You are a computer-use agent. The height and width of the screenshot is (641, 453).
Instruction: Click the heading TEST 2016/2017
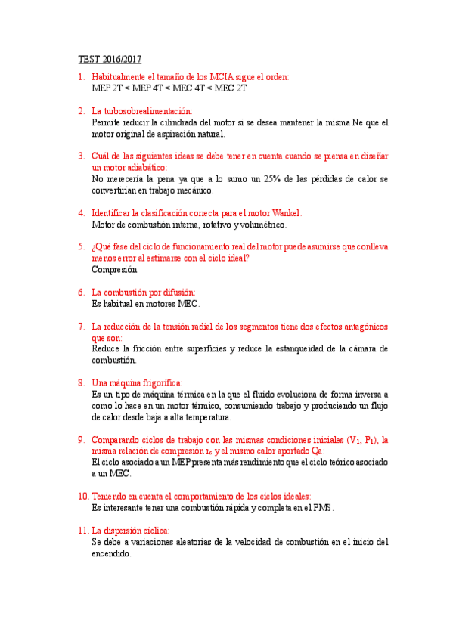pos(110,59)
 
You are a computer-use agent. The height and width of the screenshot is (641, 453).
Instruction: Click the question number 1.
pos(81,77)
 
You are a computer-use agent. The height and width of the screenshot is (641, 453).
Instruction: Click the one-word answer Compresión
pos(114,269)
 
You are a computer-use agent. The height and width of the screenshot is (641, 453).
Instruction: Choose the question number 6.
pos(81,292)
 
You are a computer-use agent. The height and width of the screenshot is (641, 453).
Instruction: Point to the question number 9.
pos(81,439)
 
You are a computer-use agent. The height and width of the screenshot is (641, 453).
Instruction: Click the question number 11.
pos(83,531)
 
